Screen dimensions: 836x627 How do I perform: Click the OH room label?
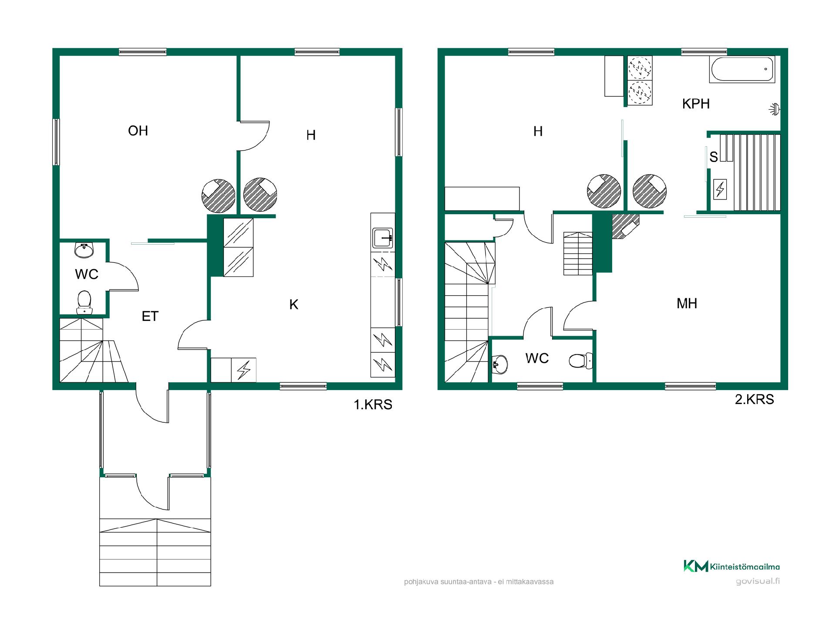coord(138,131)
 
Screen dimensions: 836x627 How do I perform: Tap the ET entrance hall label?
coord(150,316)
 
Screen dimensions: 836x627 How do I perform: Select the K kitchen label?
coord(294,304)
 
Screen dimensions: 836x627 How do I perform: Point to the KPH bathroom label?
coord(696,104)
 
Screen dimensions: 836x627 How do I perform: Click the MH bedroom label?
coord(687,303)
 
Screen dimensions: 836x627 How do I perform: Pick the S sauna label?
coord(713,157)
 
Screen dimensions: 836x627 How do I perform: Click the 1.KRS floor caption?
coord(373,405)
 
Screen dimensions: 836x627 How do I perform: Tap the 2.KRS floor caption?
coord(755,399)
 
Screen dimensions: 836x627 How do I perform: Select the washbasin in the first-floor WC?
coord(84,250)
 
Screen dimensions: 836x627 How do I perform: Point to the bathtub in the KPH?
coord(742,69)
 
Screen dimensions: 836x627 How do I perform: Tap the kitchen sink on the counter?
coord(383,238)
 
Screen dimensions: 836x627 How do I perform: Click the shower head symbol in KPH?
coord(774,109)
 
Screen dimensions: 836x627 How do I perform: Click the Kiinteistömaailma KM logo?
coord(731,566)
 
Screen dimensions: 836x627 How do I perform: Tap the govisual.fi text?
coord(758,582)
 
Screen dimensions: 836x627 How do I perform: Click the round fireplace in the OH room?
coord(219,196)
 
